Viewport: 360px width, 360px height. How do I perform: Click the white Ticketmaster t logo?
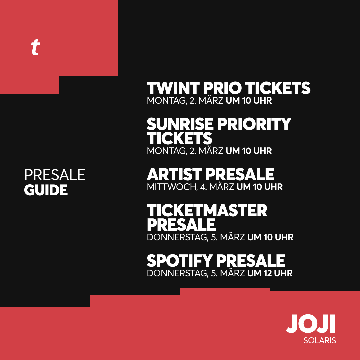[35, 48]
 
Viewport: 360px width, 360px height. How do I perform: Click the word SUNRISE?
[180, 124]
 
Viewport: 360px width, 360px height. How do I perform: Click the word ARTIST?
[174, 174]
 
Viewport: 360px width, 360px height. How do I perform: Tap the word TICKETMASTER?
[207, 211]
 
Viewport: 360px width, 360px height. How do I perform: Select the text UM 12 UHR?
[270, 273]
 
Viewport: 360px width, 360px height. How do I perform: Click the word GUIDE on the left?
[46, 190]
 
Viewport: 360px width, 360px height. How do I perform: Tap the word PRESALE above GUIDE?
[55, 175]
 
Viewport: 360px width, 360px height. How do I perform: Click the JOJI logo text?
[311, 323]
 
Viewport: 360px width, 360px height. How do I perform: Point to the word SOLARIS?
[320, 341]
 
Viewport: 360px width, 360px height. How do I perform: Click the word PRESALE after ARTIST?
[240, 174]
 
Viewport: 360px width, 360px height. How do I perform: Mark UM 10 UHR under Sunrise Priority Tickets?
[249, 151]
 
